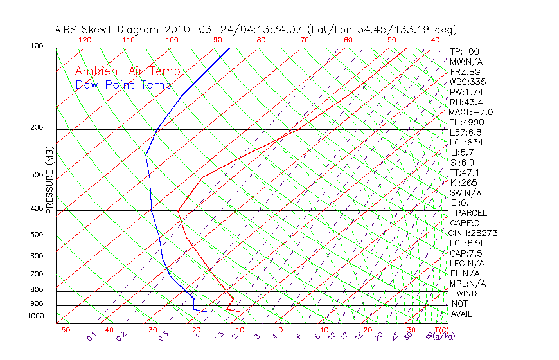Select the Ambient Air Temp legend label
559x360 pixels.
(x=127, y=71)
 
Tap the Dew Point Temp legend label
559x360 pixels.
(x=123, y=85)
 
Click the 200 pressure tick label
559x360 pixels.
(x=37, y=128)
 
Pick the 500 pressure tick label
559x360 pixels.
(x=37, y=235)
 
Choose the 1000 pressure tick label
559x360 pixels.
(x=35, y=316)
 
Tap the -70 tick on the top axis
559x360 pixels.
(x=301, y=39)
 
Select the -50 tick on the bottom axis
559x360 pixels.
(x=62, y=330)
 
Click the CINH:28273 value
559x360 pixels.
(x=474, y=233)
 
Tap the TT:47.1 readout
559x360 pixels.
(x=465, y=172)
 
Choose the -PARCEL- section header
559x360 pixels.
(x=472, y=213)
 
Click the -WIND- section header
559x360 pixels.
(x=467, y=293)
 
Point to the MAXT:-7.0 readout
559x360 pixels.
(x=471, y=112)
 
